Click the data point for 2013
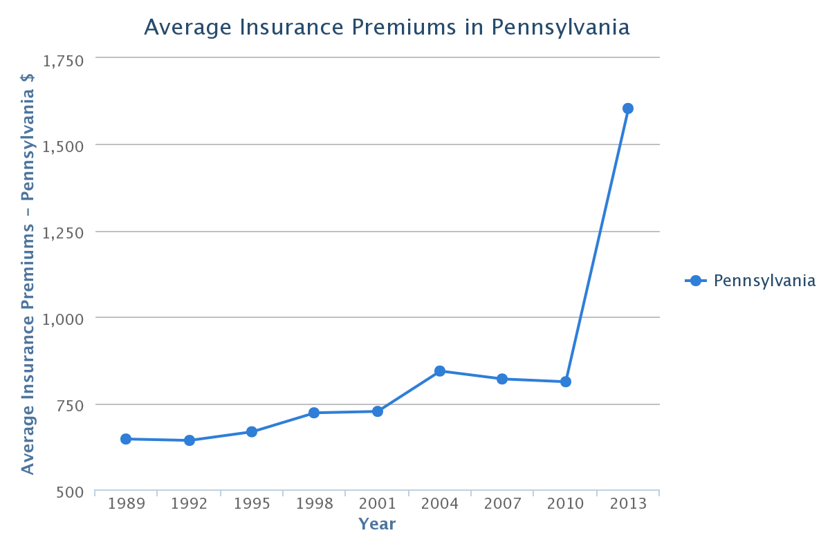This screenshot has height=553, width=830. (628, 109)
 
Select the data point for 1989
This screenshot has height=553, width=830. (126, 439)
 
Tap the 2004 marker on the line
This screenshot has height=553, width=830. (440, 371)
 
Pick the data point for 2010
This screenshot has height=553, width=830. (566, 382)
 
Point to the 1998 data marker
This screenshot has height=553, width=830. (314, 413)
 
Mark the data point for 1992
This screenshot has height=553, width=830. (190, 440)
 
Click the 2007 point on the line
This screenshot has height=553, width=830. (502, 379)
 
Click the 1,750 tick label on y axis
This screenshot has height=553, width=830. (64, 61)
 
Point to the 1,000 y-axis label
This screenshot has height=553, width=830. (64, 319)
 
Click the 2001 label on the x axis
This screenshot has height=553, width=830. (377, 503)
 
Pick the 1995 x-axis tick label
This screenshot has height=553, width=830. (252, 503)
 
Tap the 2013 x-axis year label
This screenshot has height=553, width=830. (628, 503)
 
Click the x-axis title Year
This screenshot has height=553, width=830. (377, 524)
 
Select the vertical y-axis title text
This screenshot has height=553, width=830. (28, 274)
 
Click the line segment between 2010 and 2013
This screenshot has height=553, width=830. (597, 245)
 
